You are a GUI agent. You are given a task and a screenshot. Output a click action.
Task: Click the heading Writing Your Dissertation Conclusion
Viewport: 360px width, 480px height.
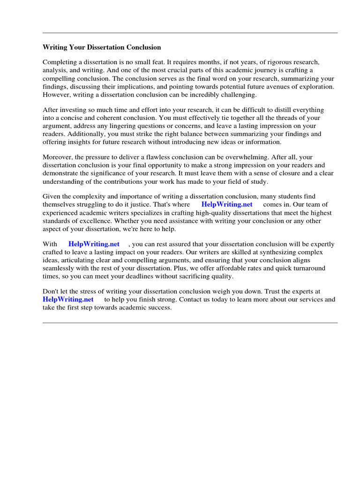(x=102, y=47)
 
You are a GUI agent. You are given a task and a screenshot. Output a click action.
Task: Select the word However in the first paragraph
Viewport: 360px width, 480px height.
(x=56, y=95)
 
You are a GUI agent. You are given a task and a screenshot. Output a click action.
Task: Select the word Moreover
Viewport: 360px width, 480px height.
(x=58, y=157)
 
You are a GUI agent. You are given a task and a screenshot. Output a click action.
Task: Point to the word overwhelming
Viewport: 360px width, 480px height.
(x=244, y=157)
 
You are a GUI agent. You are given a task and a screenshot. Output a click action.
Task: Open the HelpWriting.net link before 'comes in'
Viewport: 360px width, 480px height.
(x=227, y=204)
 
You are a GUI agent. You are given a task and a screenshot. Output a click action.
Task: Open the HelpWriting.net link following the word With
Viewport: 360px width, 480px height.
(x=94, y=244)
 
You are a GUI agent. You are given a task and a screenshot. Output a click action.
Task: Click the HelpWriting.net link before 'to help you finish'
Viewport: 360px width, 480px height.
(x=68, y=300)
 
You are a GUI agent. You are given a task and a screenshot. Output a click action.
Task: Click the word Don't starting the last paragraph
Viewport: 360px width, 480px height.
(x=51, y=292)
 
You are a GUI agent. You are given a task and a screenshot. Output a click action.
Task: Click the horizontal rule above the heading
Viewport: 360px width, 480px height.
(x=190, y=33)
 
